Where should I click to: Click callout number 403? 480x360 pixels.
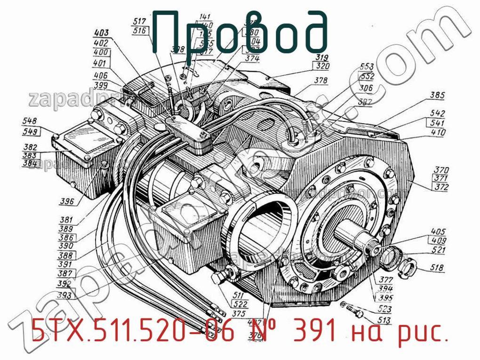pyautogui.click(x=101, y=33)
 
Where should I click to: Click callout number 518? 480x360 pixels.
pyautogui.click(x=437, y=268)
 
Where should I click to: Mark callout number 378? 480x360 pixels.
pyautogui.click(x=321, y=81)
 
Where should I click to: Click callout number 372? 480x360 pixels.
pyautogui.click(x=441, y=187)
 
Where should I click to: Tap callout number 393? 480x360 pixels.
pyautogui.click(x=64, y=296)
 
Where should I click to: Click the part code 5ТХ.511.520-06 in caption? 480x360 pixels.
pyautogui.click(x=132, y=333)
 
